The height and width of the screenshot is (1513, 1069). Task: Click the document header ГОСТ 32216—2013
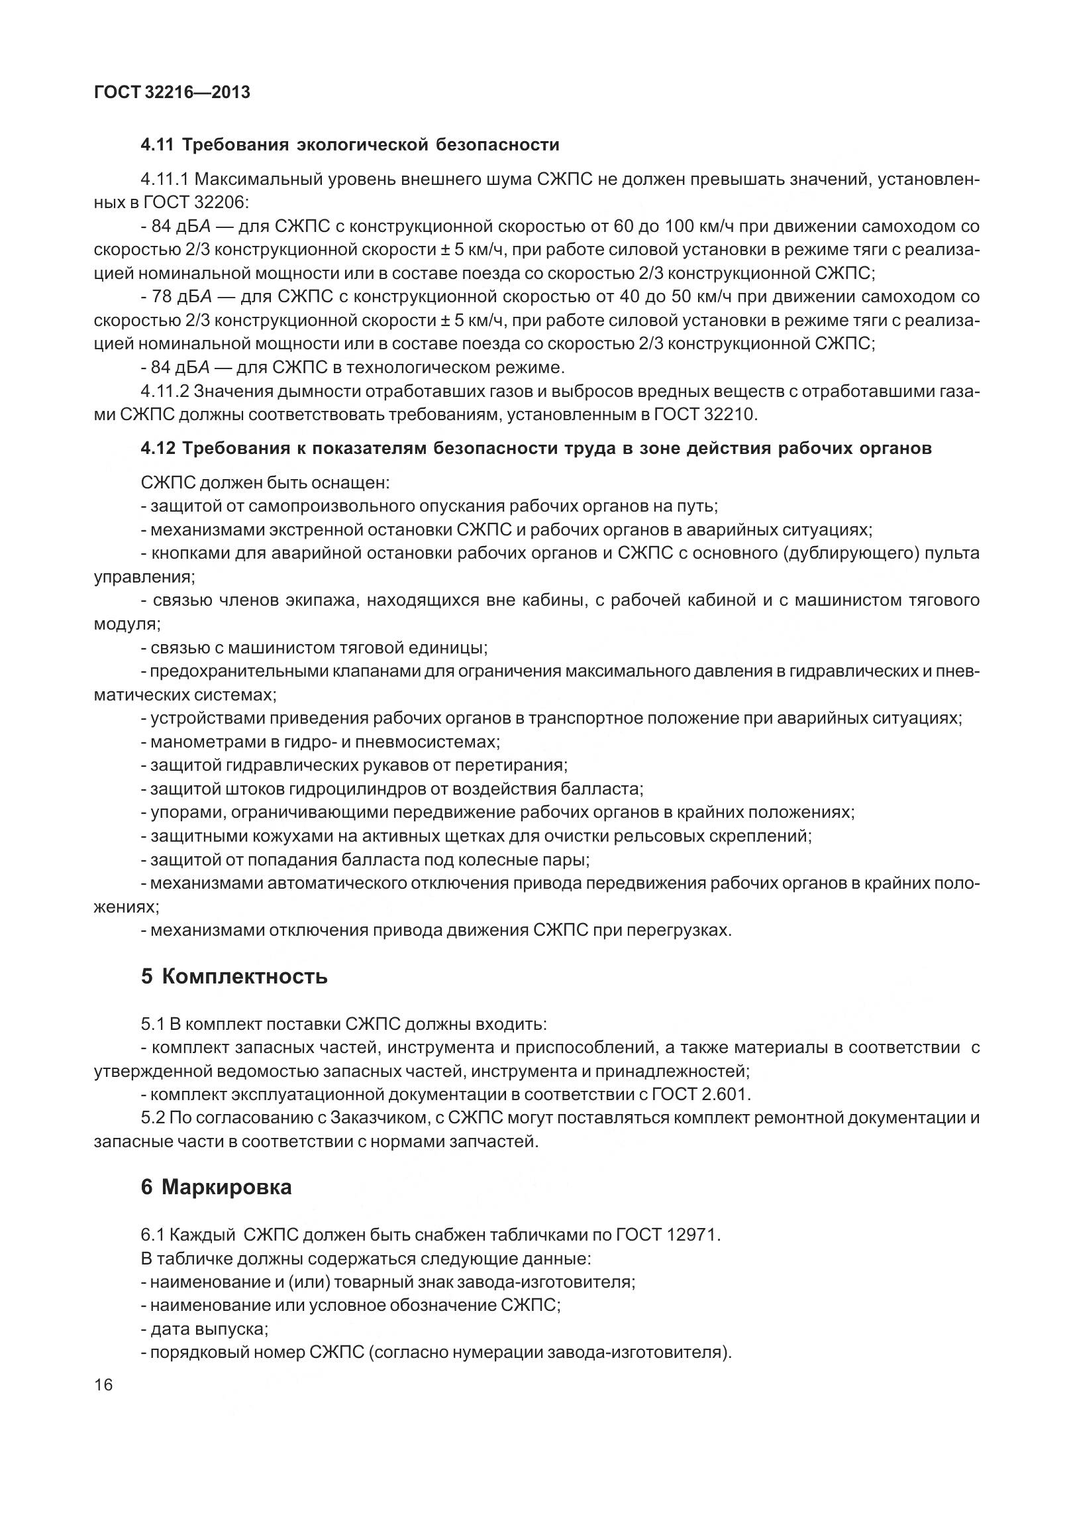tap(172, 93)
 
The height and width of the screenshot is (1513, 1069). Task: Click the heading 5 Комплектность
tap(234, 976)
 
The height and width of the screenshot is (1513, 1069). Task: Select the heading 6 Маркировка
tap(217, 1187)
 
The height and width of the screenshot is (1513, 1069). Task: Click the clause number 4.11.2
tap(165, 392)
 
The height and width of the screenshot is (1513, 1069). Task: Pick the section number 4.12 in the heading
tap(158, 449)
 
